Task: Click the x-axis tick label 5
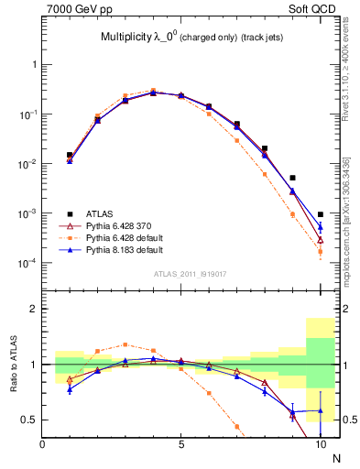click(x=181, y=444)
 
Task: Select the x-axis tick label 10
click(x=320, y=444)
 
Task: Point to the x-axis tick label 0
click(x=42, y=444)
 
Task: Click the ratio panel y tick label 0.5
click(x=28, y=420)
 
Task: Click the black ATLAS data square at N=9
click(x=292, y=178)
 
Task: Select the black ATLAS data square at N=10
click(x=320, y=214)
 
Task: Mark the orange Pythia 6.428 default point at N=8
click(x=265, y=174)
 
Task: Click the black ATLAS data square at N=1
click(x=70, y=155)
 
